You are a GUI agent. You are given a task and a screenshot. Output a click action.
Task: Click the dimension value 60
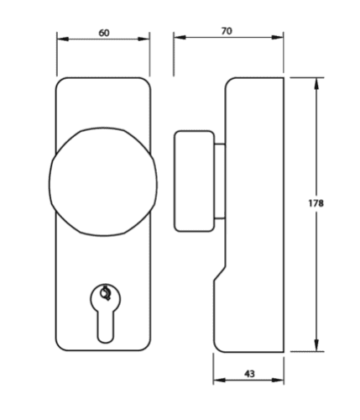coord(103,32)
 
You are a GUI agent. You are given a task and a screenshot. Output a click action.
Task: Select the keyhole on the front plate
coord(103,312)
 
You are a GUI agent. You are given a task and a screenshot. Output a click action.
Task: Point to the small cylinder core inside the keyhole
coord(104,294)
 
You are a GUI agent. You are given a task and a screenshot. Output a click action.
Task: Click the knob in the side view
coord(192,181)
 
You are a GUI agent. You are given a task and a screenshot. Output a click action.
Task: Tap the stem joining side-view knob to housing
coord(219,181)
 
